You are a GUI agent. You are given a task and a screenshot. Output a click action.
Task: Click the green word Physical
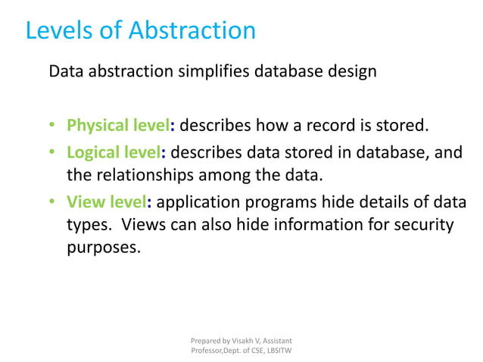point(96,124)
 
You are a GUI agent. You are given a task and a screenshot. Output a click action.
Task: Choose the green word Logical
point(92,152)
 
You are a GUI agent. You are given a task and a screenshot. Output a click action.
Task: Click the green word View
point(84,202)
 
